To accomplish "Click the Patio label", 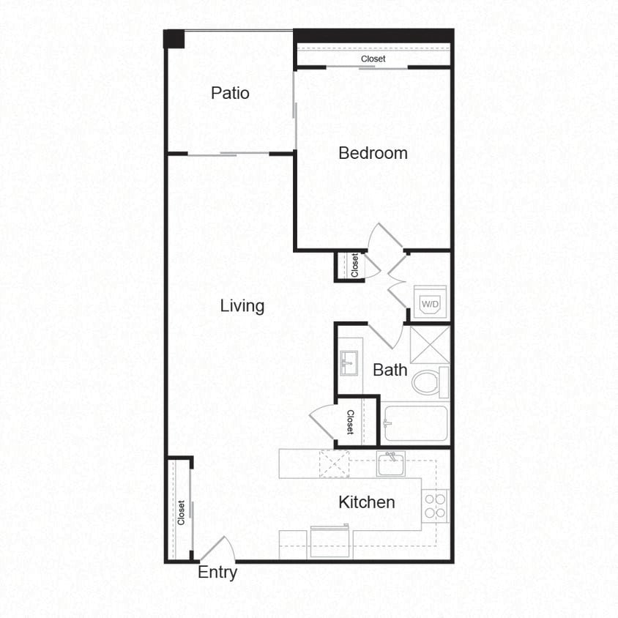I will coord(230,93).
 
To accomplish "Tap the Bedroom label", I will coord(373,153).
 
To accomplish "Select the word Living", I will coord(242,305).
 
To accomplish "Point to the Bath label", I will coord(390,370).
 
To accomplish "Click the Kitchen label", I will coord(367,502).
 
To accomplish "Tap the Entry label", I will coord(217,573).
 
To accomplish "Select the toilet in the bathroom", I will coord(429,381).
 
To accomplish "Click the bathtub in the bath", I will coord(414,423).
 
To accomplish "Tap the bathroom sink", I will coord(349,362).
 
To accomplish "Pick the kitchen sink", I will coord(391,463).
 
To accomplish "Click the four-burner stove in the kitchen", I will coord(436,506).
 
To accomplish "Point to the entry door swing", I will coord(219,551).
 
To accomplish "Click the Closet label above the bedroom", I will coord(373,59).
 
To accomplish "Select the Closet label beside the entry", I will coord(181,513).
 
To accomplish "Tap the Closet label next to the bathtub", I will coord(350,422).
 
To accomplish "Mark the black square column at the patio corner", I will coord(174,39).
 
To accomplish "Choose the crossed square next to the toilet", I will coord(429,345).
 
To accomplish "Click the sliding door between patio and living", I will coord(229,154).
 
